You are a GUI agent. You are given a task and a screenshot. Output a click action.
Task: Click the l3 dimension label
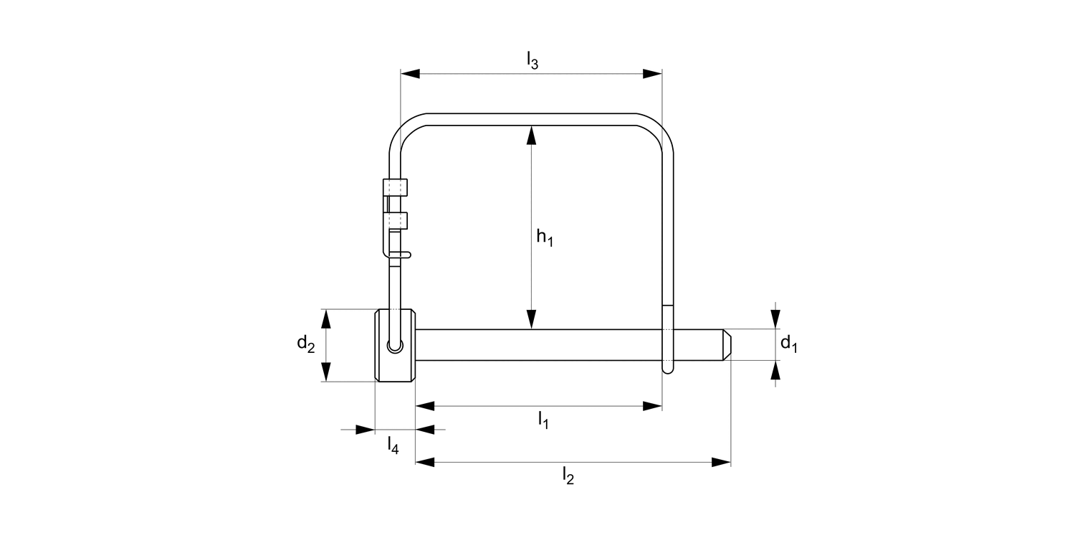click(532, 61)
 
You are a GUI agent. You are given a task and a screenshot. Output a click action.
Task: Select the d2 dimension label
click(306, 344)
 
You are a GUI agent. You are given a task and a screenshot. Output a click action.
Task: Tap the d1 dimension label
click(788, 344)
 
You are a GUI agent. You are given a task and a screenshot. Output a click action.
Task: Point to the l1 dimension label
click(543, 420)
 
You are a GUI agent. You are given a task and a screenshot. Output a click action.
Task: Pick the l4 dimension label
click(393, 445)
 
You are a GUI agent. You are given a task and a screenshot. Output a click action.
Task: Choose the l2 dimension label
click(568, 476)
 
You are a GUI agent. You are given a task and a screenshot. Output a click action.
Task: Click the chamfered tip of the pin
click(725, 344)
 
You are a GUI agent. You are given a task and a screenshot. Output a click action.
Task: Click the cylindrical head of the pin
click(395, 345)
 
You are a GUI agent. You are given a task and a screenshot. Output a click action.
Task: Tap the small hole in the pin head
click(394, 346)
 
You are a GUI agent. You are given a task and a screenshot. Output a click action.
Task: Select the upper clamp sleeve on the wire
click(395, 187)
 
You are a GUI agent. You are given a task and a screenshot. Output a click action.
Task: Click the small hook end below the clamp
click(403, 254)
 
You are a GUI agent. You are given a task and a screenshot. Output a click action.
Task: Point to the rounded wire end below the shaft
click(667, 368)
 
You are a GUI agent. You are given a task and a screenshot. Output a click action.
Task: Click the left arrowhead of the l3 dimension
click(409, 73)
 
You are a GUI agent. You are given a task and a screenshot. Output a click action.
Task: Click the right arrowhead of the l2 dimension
click(721, 462)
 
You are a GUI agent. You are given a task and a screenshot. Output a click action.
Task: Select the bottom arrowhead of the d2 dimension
click(326, 372)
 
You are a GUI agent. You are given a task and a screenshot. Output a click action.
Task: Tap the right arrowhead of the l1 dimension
click(652, 406)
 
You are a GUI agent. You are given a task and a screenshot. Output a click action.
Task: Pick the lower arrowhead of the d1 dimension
click(775, 370)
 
